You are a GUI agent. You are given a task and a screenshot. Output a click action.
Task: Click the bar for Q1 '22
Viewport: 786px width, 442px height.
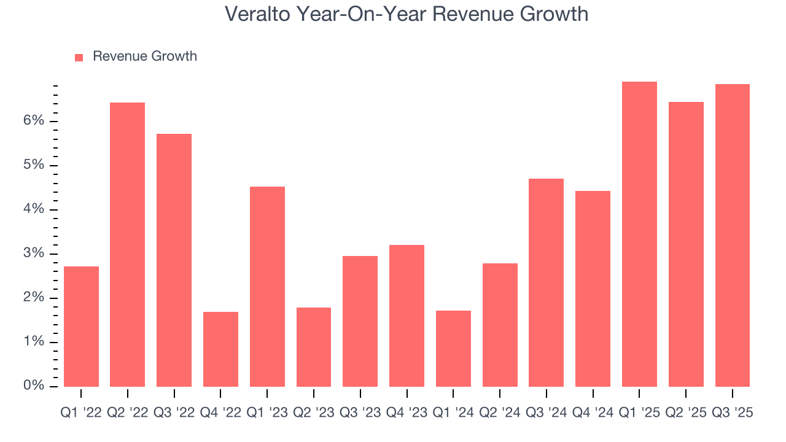[x=81, y=327]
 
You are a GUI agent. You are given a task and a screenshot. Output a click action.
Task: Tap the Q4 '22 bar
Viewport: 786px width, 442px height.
[x=220, y=349]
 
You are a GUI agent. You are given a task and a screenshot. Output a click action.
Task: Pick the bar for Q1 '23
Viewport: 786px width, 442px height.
[x=267, y=287]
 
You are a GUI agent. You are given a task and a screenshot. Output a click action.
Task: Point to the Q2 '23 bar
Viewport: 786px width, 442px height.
[x=314, y=347]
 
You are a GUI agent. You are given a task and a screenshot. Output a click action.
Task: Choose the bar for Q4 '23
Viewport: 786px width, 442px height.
[x=407, y=316]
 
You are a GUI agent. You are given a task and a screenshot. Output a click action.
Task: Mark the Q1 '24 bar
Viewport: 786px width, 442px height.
[x=453, y=349]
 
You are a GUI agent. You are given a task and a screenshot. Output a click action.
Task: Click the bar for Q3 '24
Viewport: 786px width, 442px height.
[x=546, y=282]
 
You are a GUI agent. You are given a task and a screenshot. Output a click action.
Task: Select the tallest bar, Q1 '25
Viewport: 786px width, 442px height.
[x=639, y=234]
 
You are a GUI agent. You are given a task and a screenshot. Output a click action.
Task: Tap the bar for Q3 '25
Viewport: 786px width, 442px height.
[x=732, y=235]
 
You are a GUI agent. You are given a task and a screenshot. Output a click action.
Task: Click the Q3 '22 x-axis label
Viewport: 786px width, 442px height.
[x=174, y=413]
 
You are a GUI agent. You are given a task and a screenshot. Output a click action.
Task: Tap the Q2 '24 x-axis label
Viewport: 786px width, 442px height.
[x=500, y=413]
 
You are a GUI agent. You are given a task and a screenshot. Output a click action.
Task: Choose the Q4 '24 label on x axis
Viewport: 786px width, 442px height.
[x=593, y=413]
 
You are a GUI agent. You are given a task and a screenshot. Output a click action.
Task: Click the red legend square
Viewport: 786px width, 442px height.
[x=79, y=57]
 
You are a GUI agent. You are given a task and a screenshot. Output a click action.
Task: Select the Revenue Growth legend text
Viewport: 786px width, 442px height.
[x=145, y=56]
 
